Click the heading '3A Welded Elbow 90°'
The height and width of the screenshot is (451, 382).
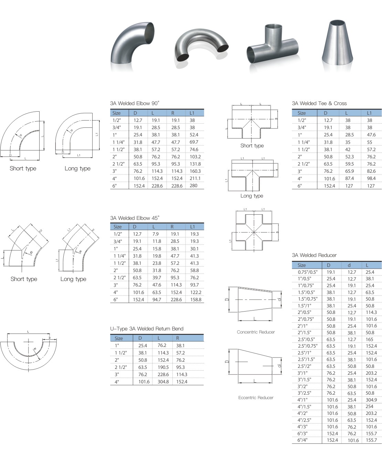tap(135, 103)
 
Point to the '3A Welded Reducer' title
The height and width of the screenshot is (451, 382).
tap(314, 255)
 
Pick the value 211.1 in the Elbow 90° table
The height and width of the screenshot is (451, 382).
tap(195, 178)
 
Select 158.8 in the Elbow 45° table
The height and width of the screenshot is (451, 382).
tap(195, 300)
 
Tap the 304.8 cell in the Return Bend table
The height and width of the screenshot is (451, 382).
tap(163, 382)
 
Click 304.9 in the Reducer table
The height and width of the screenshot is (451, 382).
tap(371, 400)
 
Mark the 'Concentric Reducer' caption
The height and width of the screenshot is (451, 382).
tap(256, 332)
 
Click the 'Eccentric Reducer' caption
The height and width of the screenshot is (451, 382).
tap(256, 397)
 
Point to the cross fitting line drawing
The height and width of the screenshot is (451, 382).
tap(254, 232)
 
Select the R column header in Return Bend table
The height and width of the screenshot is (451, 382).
tap(178, 338)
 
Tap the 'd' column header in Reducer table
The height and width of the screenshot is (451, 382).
tap(349, 265)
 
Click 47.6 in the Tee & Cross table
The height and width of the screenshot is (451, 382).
tap(371, 135)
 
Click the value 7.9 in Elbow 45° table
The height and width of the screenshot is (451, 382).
tap(156, 234)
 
